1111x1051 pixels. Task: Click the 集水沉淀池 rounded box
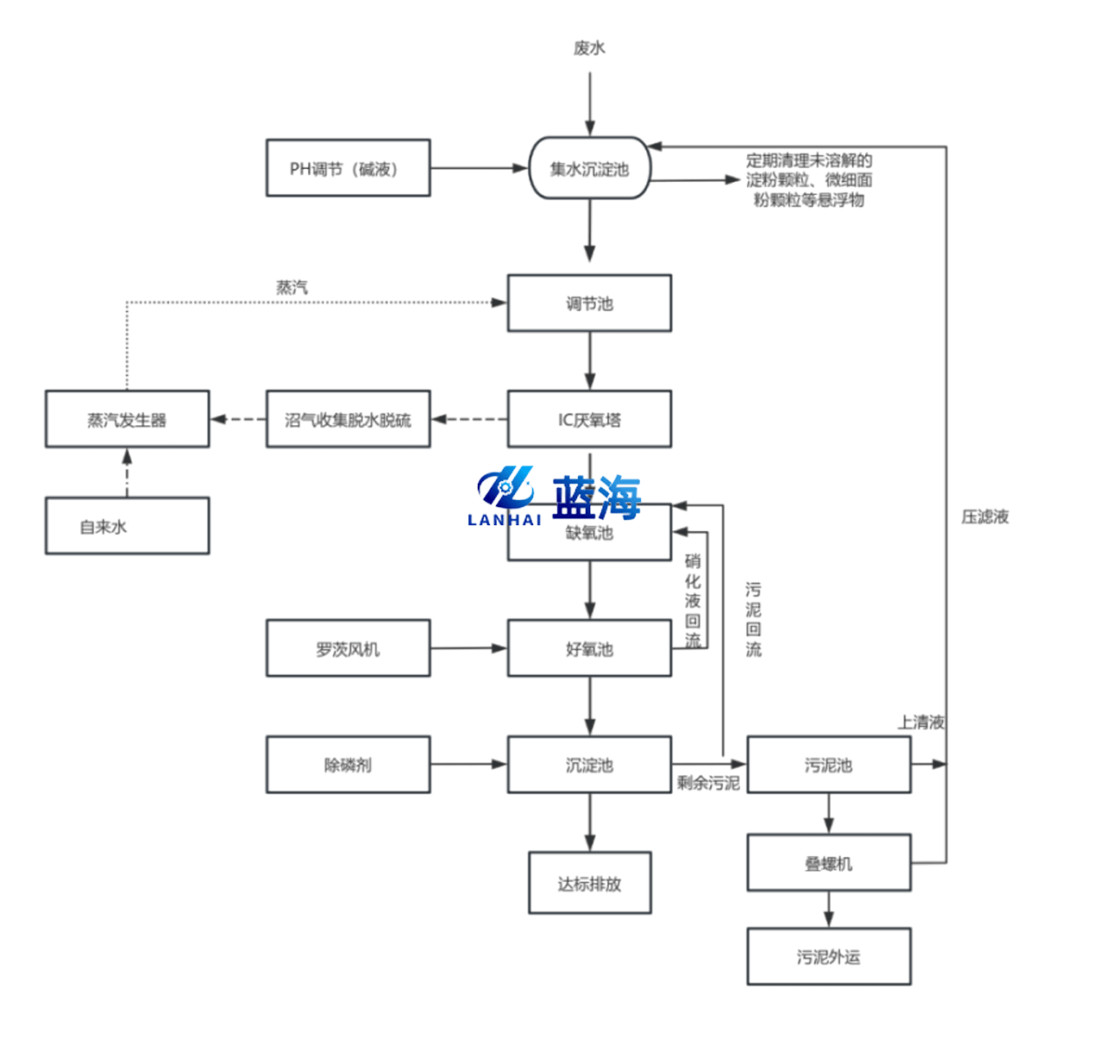589,168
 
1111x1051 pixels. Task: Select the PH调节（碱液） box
348,168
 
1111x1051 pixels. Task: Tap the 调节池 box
589,303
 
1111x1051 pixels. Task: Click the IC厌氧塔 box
589,419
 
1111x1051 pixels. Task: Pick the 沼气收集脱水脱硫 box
348,419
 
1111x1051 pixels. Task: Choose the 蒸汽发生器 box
127,419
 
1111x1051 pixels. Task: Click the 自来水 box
127,526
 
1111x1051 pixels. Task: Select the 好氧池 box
589,648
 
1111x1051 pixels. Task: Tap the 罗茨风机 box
348,648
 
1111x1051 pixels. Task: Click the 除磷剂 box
348,765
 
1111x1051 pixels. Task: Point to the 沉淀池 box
589,765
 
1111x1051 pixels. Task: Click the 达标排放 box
589,883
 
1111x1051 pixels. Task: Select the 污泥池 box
828,765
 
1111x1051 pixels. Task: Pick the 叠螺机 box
828,862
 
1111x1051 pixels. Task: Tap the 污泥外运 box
828,956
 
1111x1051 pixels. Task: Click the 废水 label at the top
589,48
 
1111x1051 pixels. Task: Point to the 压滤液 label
985,516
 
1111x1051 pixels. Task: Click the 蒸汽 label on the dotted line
292,287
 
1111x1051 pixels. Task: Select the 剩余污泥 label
708,783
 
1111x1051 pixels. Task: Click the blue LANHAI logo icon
505,488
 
